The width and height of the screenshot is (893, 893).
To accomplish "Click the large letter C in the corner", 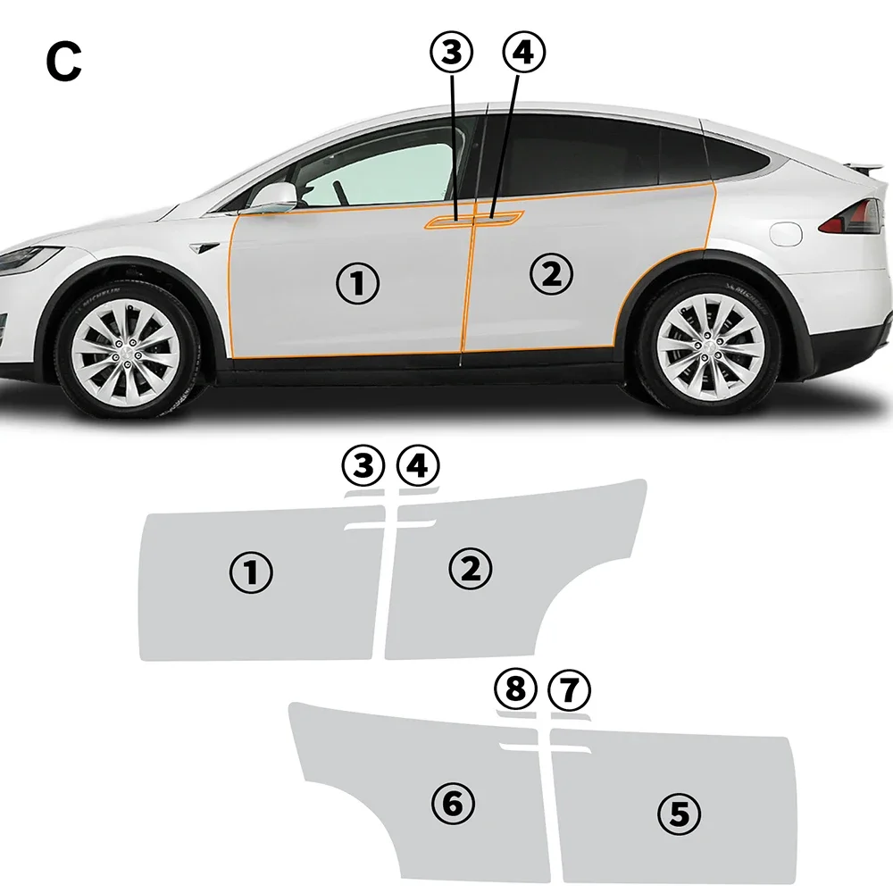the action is pos(63,63).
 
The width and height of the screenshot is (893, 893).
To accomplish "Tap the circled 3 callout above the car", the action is pos(451,53).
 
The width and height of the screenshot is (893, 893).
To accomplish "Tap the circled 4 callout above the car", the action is pos(524,53).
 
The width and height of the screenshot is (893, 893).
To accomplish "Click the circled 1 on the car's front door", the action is pos(357,283).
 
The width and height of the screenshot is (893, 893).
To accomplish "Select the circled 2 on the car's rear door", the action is pos(551,274).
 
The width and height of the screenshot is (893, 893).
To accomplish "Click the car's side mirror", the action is pos(273,196).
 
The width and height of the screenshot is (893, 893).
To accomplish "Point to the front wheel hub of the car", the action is pos(127,349).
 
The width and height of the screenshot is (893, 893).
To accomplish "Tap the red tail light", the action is pos(852,217).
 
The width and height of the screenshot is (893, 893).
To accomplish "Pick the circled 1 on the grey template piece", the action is pos(251,572).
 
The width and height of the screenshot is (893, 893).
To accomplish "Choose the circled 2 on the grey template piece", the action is pos(471,568).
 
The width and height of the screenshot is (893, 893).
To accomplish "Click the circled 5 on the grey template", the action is pos(680,814).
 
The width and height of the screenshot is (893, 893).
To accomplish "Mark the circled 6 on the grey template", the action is pos(454,804).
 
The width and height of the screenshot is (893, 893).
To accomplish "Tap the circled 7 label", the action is pos(569,689).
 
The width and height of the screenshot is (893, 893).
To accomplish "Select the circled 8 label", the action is pos(516,689).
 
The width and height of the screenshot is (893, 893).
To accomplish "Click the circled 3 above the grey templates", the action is pos(363,466).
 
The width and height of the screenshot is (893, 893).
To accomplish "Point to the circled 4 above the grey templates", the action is pos(418,466).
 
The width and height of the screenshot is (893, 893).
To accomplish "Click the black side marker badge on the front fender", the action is pos(204,247).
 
